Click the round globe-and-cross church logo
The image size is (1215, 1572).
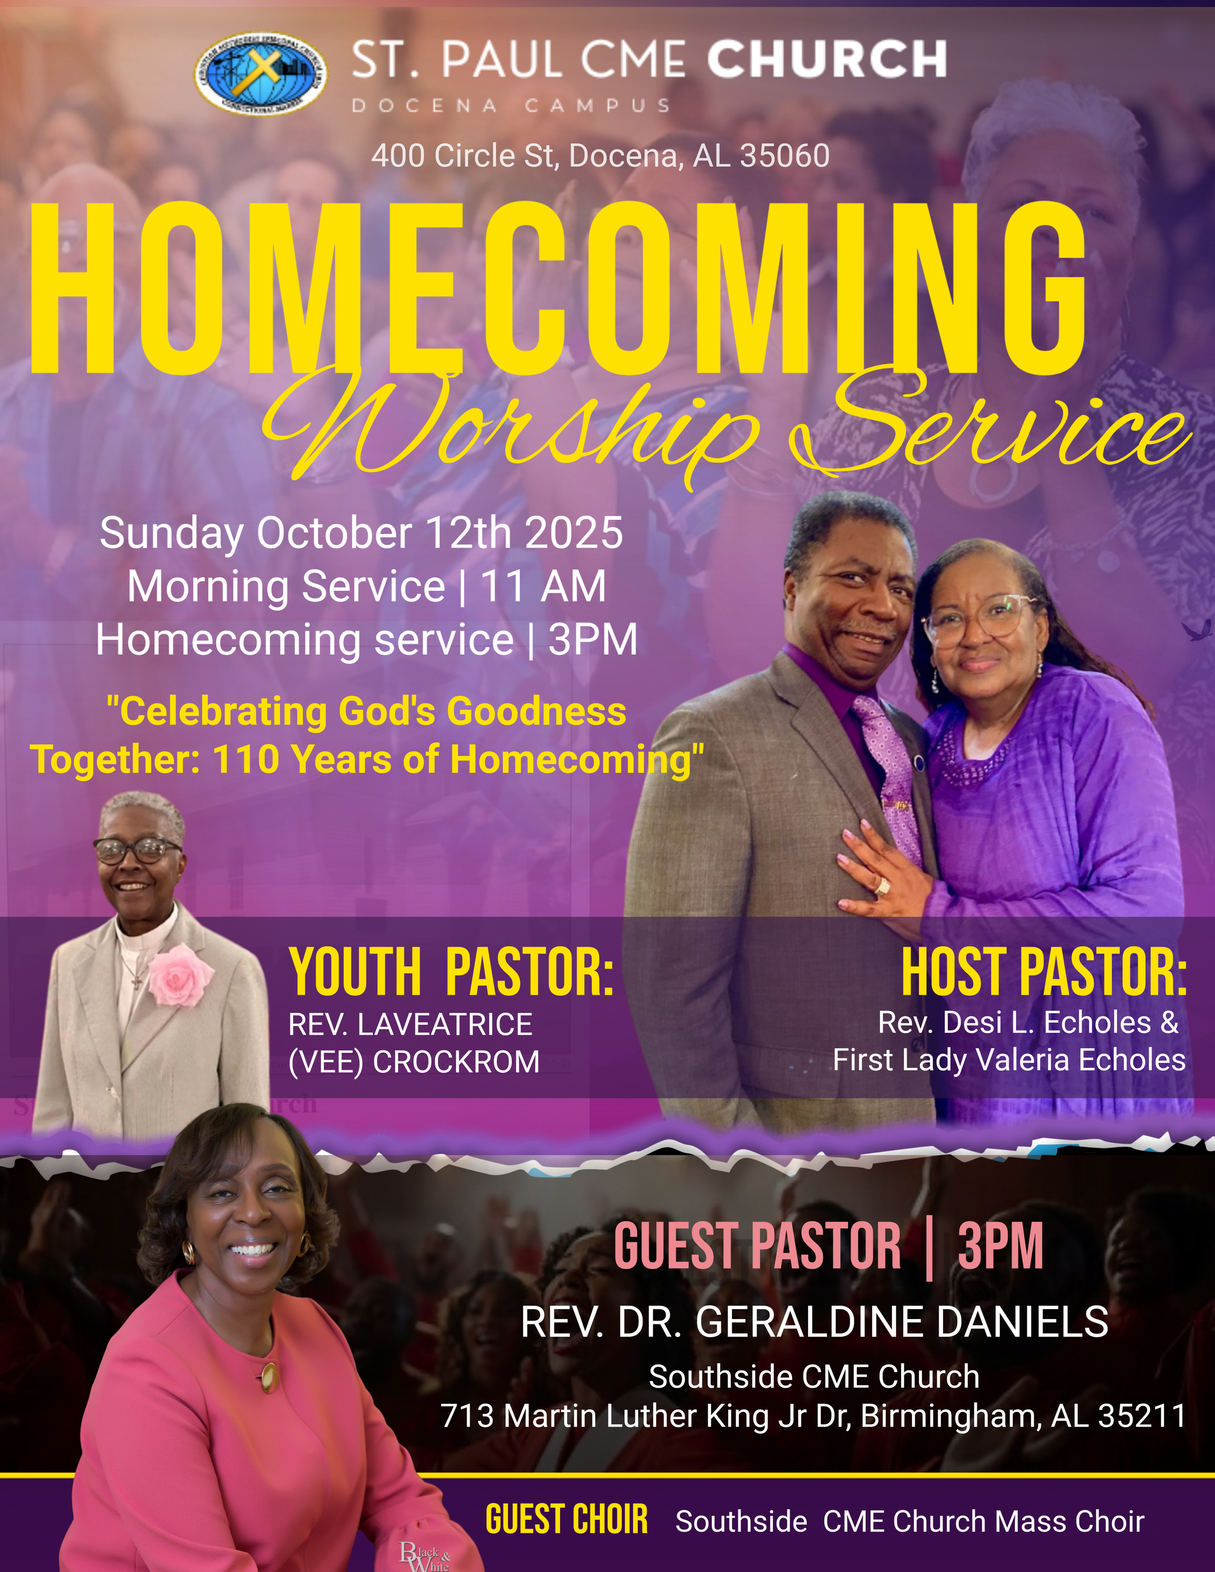click(x=261, y=73)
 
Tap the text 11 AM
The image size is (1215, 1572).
click(x=544, y=586)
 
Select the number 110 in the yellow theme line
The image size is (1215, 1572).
click(x=245, y=759)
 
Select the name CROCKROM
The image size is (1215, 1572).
click(x=456, y=1062)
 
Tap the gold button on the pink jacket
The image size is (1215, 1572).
click(x=268, y=1376)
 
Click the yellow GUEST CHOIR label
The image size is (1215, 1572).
click(x=567, y=1520)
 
